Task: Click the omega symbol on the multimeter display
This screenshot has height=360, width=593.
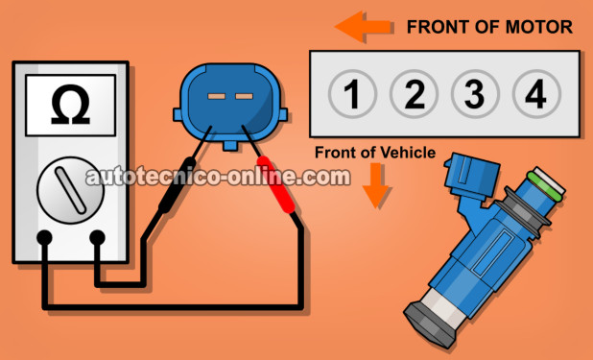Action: coord(70,105)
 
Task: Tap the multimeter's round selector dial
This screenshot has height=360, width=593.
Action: coord(70,190)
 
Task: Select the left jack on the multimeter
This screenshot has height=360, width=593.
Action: coord(44,237)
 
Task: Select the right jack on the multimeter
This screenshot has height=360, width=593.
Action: coord(97,237)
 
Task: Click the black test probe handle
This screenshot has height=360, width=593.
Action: coord(177,184)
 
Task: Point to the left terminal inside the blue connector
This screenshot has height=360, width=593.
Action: coord(216,96)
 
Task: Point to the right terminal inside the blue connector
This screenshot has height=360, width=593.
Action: coord(244,96)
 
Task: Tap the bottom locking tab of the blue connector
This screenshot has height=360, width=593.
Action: coord(230,145)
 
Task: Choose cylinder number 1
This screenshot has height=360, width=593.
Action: coord(352,93)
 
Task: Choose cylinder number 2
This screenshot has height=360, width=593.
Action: coord(414,93)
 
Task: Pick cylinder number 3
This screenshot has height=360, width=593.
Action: coord(475,93)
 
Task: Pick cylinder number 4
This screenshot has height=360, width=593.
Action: coord(536,93)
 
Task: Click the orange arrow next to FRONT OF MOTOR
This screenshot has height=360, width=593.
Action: coord(363,27)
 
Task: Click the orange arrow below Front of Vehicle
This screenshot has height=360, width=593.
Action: coord(375,185)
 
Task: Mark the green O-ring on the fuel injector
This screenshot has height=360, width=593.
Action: coord(545,185)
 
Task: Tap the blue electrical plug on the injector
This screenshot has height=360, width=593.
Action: coord(472,176)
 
